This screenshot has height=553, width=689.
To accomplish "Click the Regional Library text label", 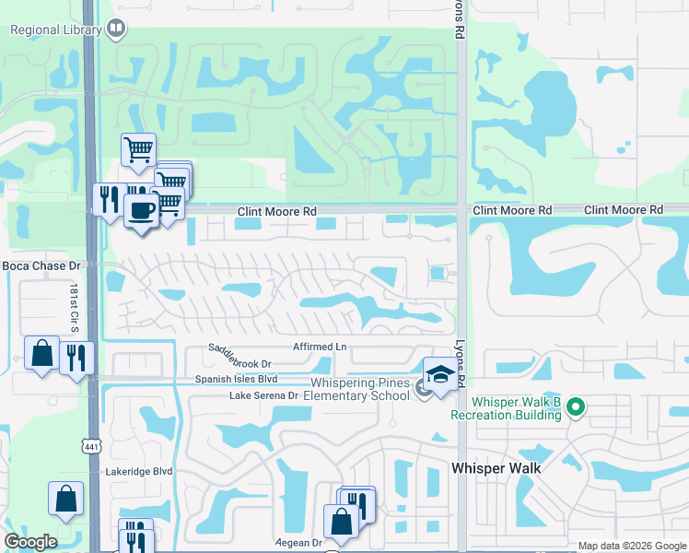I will [54, 29].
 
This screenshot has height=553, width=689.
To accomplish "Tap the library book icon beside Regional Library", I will [116, 29].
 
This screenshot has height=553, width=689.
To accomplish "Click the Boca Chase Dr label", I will [42, 265].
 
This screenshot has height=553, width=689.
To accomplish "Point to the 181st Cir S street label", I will [74, 305].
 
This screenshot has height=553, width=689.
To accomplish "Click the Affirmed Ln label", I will [319, 347].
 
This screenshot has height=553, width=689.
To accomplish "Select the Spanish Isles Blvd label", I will [236, 379].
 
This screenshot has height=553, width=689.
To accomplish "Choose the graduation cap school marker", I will [440, 375].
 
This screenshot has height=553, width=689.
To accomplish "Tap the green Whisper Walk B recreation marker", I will [577, 406].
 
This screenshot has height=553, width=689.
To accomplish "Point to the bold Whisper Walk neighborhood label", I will [496, 468].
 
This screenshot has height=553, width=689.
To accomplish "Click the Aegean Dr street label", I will [297, 543].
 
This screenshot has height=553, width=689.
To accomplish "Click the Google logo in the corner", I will [30, 542].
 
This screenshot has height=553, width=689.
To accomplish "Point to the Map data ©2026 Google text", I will [632, 546].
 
